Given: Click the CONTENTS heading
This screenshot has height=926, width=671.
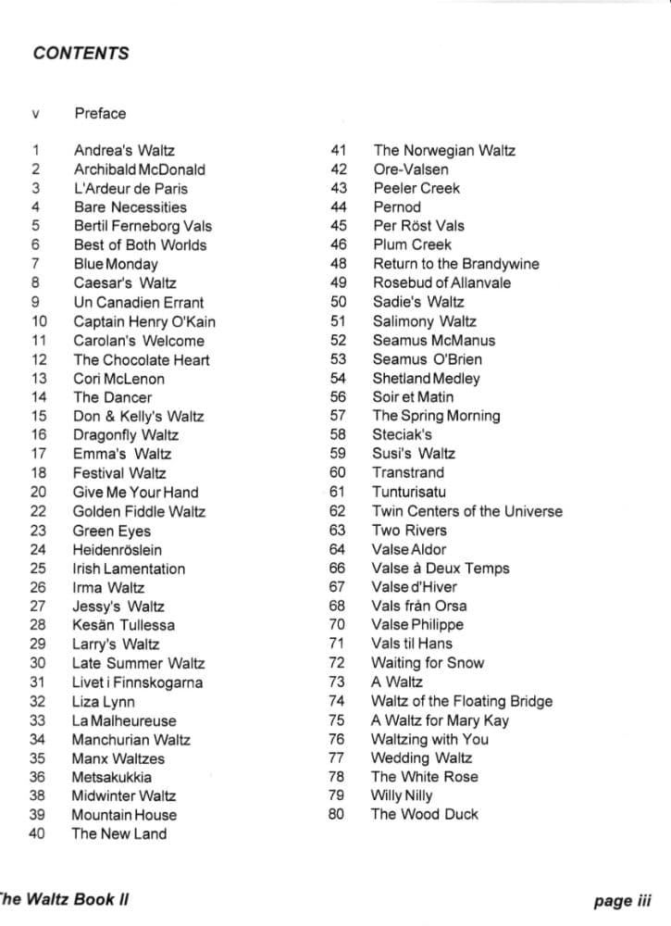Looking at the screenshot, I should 81,53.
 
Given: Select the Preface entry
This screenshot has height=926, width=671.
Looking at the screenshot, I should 100,114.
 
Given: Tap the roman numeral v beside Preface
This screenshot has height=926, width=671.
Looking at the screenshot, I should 36,115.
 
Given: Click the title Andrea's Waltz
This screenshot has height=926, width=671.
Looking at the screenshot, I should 124,150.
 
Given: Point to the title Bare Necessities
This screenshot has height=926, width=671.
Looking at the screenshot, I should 130,207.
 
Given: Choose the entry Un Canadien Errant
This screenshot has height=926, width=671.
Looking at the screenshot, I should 138,302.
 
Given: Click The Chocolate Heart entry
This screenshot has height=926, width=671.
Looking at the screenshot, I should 141,359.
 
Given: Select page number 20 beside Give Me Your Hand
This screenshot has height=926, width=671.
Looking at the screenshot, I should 38,492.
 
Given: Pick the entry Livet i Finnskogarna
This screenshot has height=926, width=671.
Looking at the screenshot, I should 137,682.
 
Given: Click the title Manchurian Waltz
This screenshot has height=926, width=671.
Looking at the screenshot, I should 130,739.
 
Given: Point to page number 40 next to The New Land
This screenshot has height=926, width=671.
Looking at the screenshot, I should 37,833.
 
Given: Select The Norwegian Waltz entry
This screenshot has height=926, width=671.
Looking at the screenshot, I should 444,150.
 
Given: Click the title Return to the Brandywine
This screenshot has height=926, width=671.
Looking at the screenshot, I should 455,264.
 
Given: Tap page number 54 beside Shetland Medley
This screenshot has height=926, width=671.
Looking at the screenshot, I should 338,378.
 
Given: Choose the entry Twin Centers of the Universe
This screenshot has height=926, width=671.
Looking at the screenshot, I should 466,511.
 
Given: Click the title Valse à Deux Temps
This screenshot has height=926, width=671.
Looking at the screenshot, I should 440,569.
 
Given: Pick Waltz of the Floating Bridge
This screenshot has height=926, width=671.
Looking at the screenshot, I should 461,701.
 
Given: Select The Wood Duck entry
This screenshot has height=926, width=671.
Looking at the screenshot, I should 425,814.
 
